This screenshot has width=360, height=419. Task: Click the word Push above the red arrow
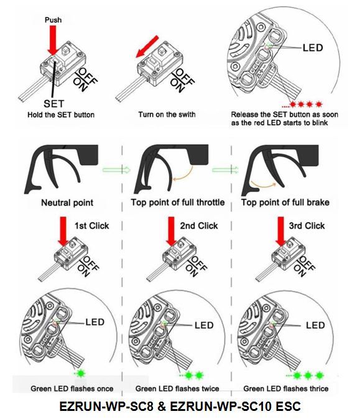[x=53, y=20]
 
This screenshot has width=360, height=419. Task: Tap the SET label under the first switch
[x=53, y=104]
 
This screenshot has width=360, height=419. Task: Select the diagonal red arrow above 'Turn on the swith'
[x=147, y=46]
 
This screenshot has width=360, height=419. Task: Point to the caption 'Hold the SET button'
[x=61, y=115]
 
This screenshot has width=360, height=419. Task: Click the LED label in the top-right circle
[x=313, y=48]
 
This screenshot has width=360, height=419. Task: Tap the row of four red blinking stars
[x=305, y=104]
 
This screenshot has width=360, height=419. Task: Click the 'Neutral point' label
[x=67, y=203]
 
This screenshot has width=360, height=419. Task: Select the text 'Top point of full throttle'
[x=177, y=203]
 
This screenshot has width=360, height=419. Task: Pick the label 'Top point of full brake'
[x=285, y=203]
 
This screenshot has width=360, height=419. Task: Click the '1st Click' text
[x=91, y=226]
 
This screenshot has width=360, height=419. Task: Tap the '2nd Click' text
[x=199, y=226]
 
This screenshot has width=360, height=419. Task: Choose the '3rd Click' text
[x=307, y=226]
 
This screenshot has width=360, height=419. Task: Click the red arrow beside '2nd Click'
[x=172, y=231]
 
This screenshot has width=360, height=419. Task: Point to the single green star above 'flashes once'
[x=80, y=373]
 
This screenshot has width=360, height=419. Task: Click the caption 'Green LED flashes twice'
[x=177, y=389]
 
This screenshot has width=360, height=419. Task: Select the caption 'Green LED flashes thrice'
[x=286, y=389]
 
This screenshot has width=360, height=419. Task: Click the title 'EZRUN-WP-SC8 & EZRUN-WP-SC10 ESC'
[x=180, y=406]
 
